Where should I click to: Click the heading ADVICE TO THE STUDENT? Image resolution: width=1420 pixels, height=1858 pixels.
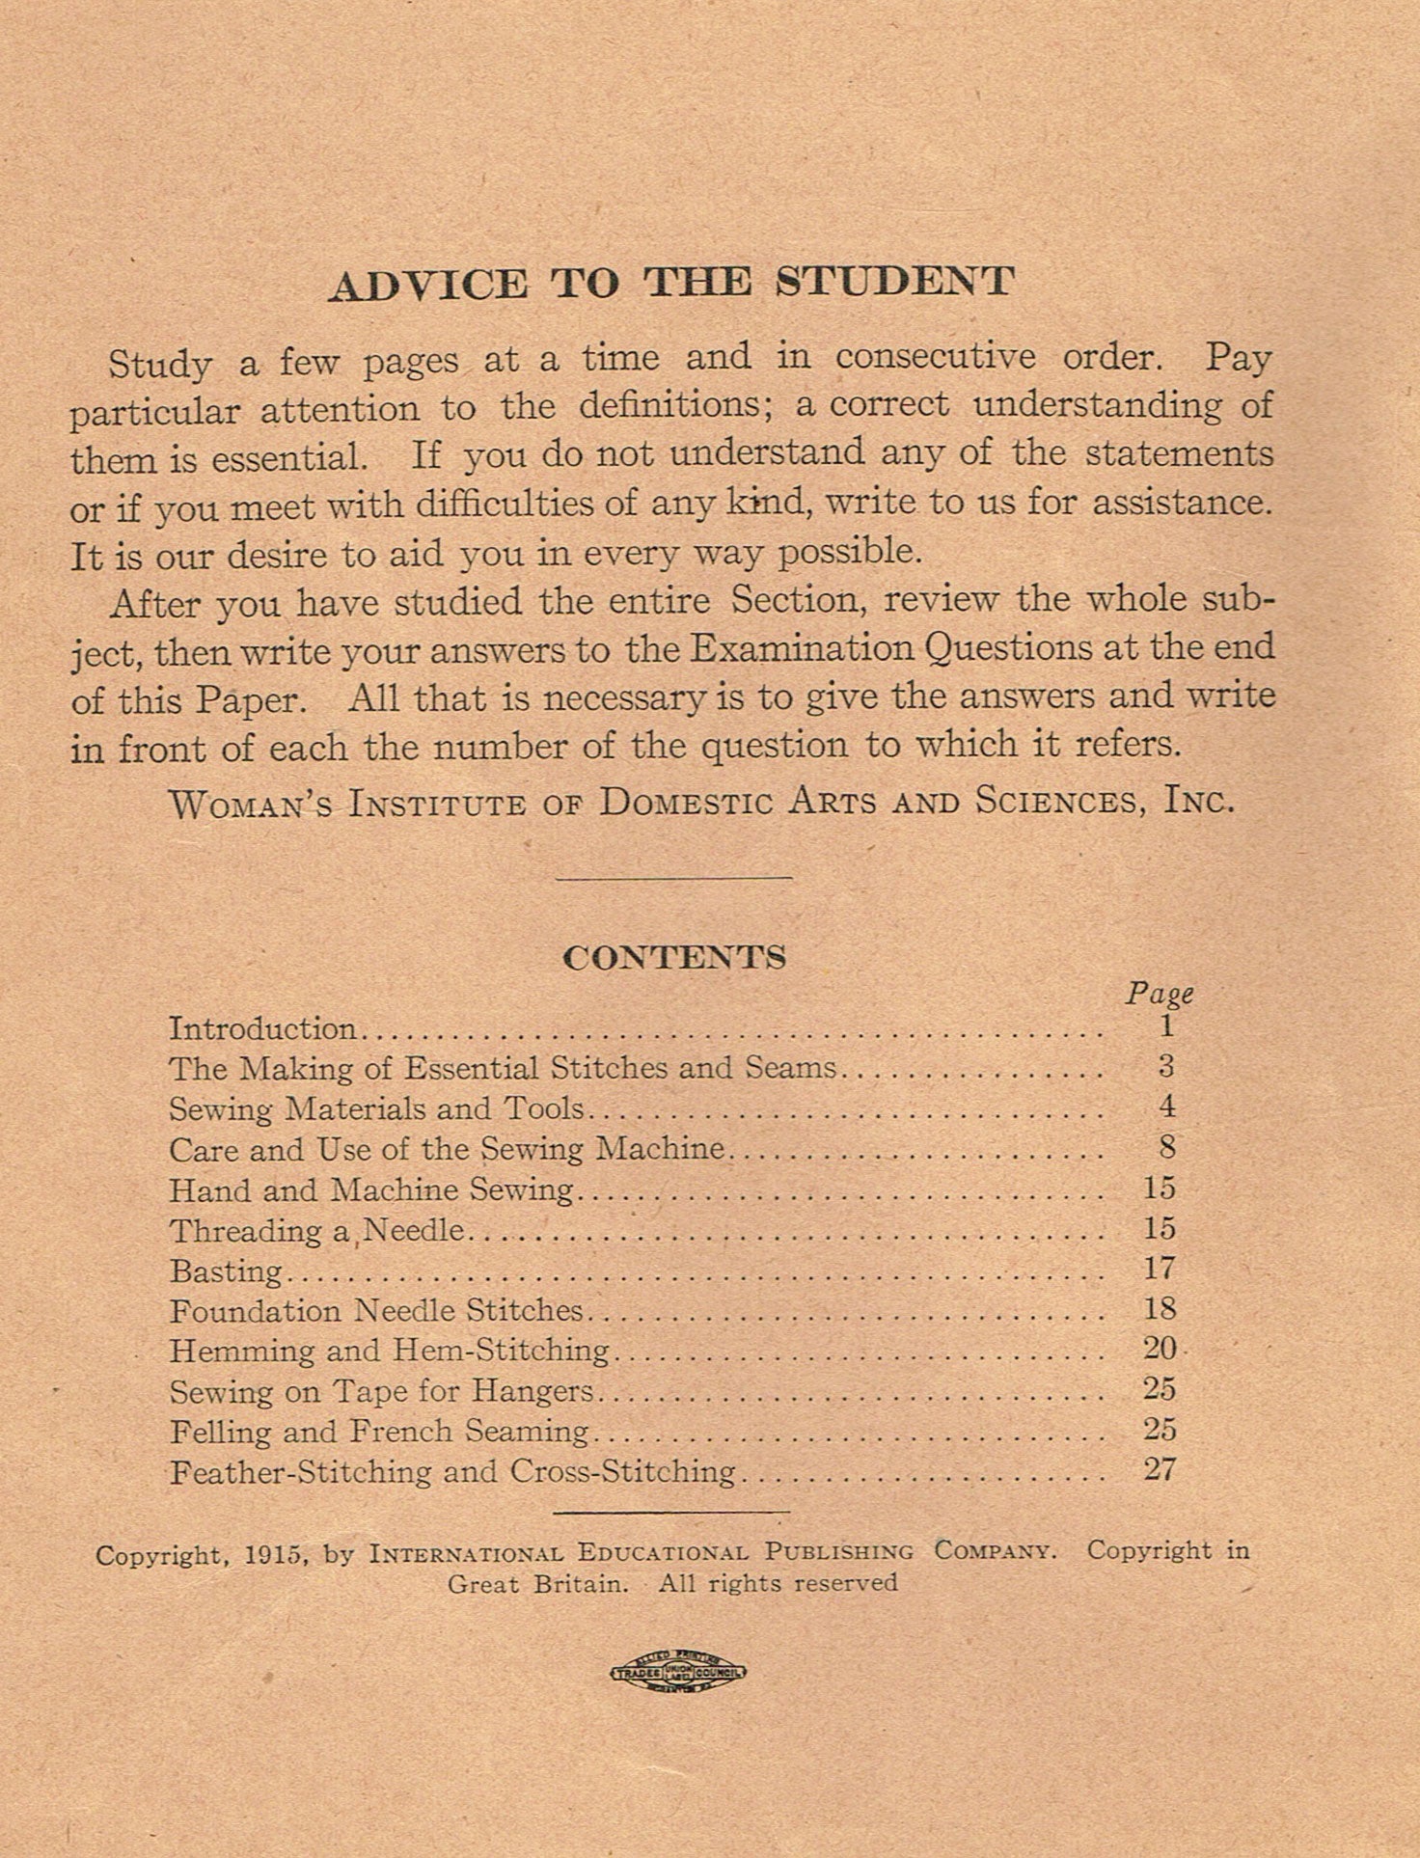[671, 283]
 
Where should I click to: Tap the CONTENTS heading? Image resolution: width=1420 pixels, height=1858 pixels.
[674, 957]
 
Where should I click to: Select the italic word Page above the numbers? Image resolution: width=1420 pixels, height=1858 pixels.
[1160, 994]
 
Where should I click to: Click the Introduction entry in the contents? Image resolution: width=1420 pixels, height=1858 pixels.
[263, 1028]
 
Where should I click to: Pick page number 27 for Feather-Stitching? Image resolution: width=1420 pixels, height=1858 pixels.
[1160, 1470]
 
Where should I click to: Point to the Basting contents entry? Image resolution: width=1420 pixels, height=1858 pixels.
[227, 1271]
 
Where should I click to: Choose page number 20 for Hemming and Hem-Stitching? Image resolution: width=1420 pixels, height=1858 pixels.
[1160, 1349]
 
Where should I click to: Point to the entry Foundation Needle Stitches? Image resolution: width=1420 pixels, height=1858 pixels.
[377, 1311]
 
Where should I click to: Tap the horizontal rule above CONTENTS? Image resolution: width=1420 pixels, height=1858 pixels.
[674, 877]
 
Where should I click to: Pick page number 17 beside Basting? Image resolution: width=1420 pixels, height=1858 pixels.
[1160, 1269]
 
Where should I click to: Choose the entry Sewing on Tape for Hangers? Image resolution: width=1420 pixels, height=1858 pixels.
[382, 1391]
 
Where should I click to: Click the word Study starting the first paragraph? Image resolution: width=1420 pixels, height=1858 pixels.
[160, 364]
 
